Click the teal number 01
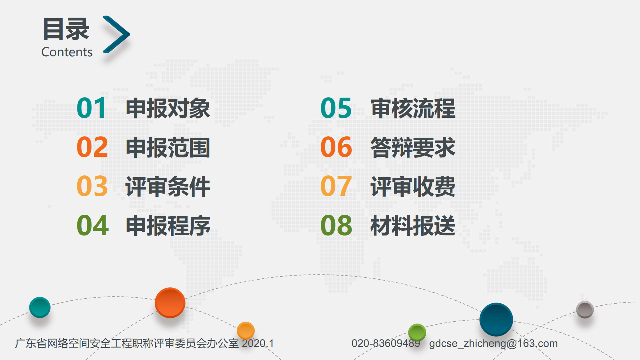[x=91, y=108]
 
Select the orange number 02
[x=92, y=147]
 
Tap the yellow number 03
[x=92, y=186]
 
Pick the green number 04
[x=93, y=225]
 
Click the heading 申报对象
[x=168, y=108]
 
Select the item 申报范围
[x=168, y=148]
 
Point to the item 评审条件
[x=168, y=187]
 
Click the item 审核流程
[x=413, y=108]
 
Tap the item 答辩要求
[x=413, y=148]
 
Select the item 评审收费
[x=413, y=187]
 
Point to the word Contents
[x=67, y=52]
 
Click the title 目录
[x=66, y=29]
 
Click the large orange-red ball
[x=170, y=303]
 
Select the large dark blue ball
[x=496, y=319]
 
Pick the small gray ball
[x=585, y=309]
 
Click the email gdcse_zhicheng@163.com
[x=493, y=343]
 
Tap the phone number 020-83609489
[x=386, y=343]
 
